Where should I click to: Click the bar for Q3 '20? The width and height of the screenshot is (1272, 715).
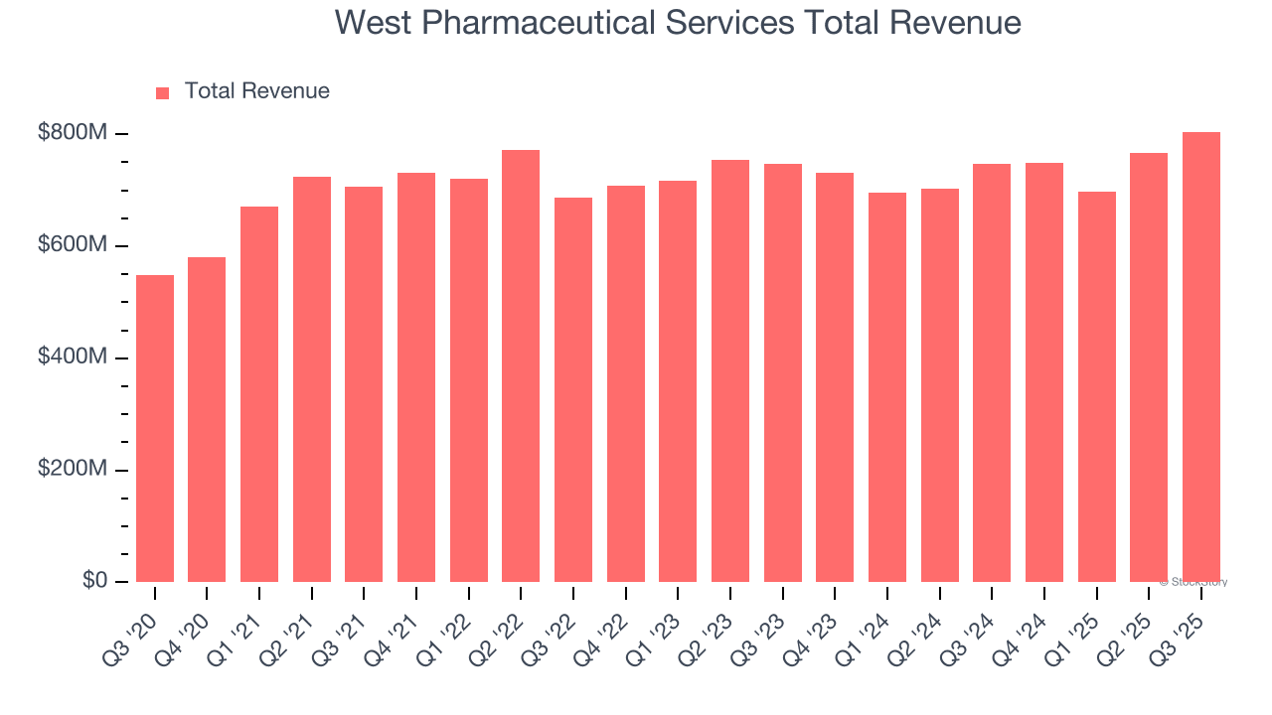(x=155, y=428)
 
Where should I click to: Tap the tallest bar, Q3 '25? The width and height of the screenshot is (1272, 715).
(x=1200, y=357)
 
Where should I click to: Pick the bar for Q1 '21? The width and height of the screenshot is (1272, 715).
(x=259, y=394)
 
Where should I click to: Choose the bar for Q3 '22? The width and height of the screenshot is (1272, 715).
(x=573, y=389)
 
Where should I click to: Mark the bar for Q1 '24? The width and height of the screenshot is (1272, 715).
(x=886, y=387)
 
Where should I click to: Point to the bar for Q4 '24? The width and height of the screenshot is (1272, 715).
(x=1043, y=372)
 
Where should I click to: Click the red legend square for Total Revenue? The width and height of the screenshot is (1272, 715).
(x=163, y=92)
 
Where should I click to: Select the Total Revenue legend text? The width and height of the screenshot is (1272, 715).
(x=256, y=91)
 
